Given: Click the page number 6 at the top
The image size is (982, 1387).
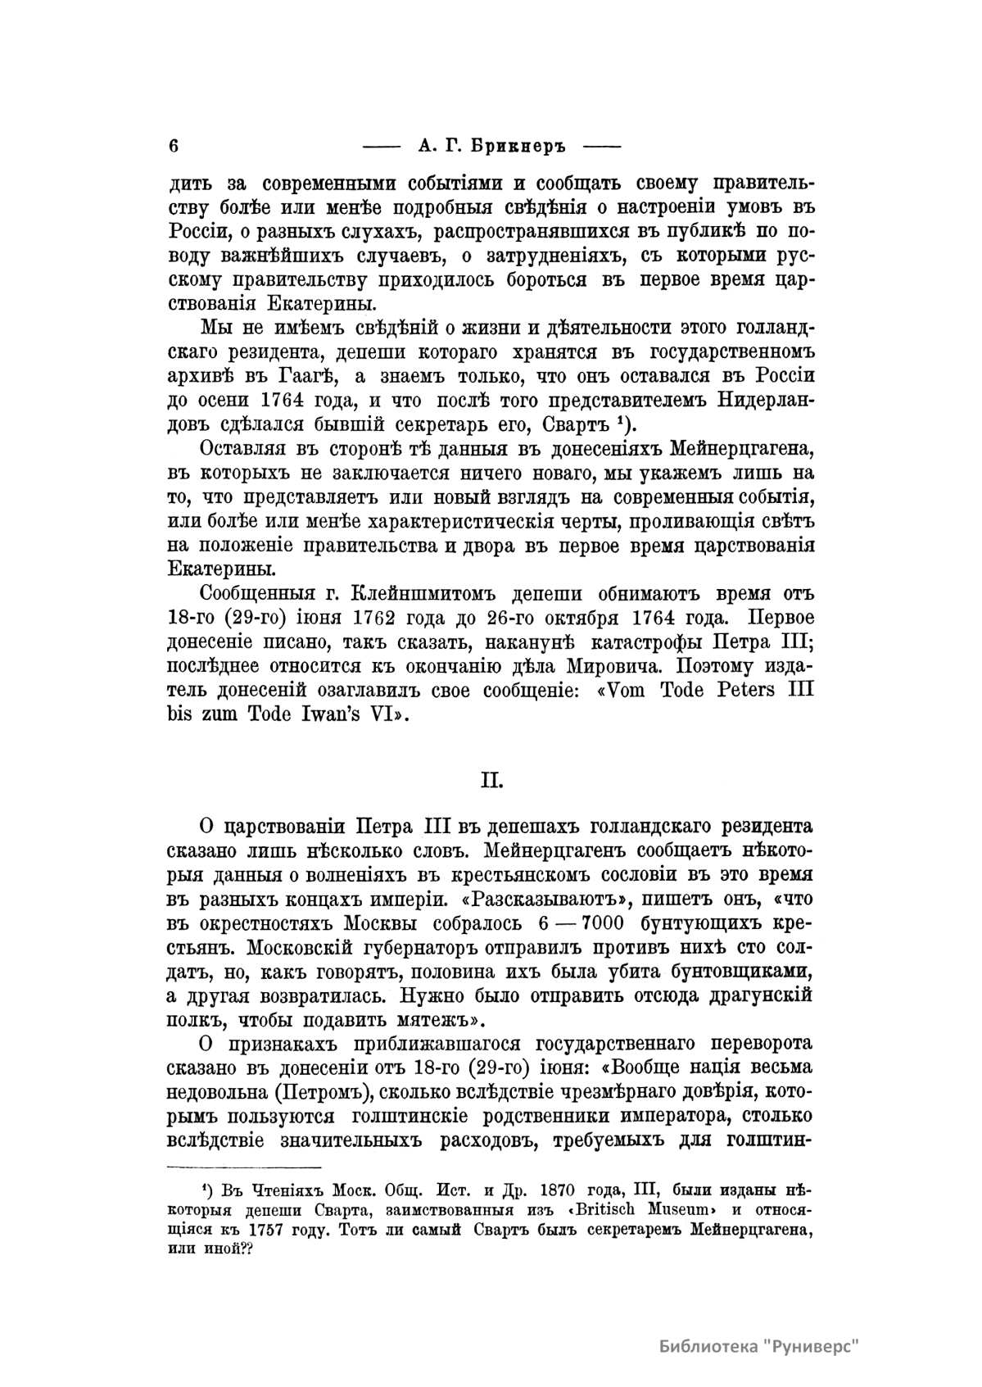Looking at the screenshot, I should [173, 147].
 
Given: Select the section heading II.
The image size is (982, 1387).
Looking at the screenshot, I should [491, 781].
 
